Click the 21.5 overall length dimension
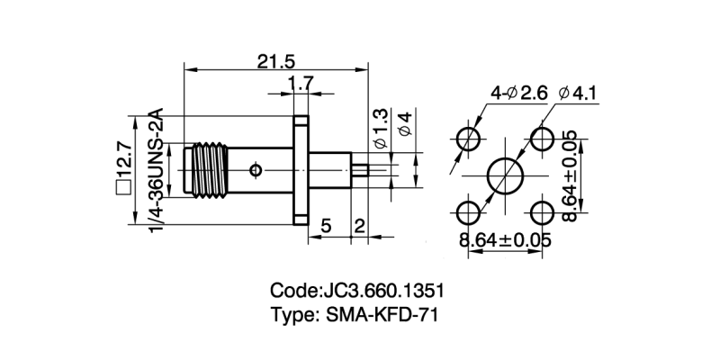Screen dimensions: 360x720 coord(275,61)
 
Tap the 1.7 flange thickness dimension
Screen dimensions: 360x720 coord(301,85)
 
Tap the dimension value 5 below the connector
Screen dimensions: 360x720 coord(326,225)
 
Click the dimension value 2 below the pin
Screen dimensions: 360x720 coord(358,225)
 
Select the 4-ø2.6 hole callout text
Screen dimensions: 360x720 coord(518,94)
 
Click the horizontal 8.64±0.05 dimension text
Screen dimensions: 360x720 coord(504,241)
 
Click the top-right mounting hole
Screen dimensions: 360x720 coord(542,139)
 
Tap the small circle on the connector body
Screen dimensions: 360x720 coord(256,169)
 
